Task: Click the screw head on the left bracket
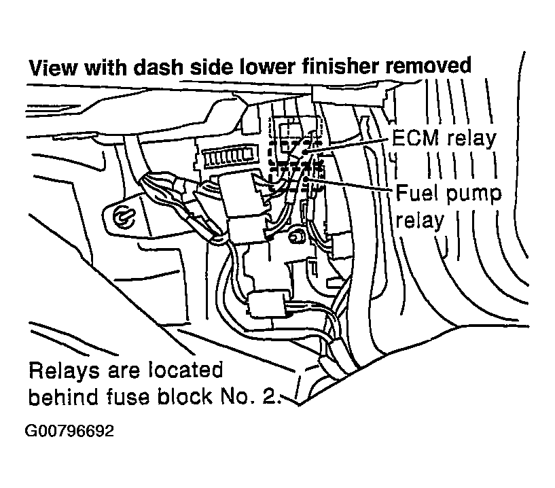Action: click(x=123, y=216)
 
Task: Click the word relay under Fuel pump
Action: click(x=420, y=220)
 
